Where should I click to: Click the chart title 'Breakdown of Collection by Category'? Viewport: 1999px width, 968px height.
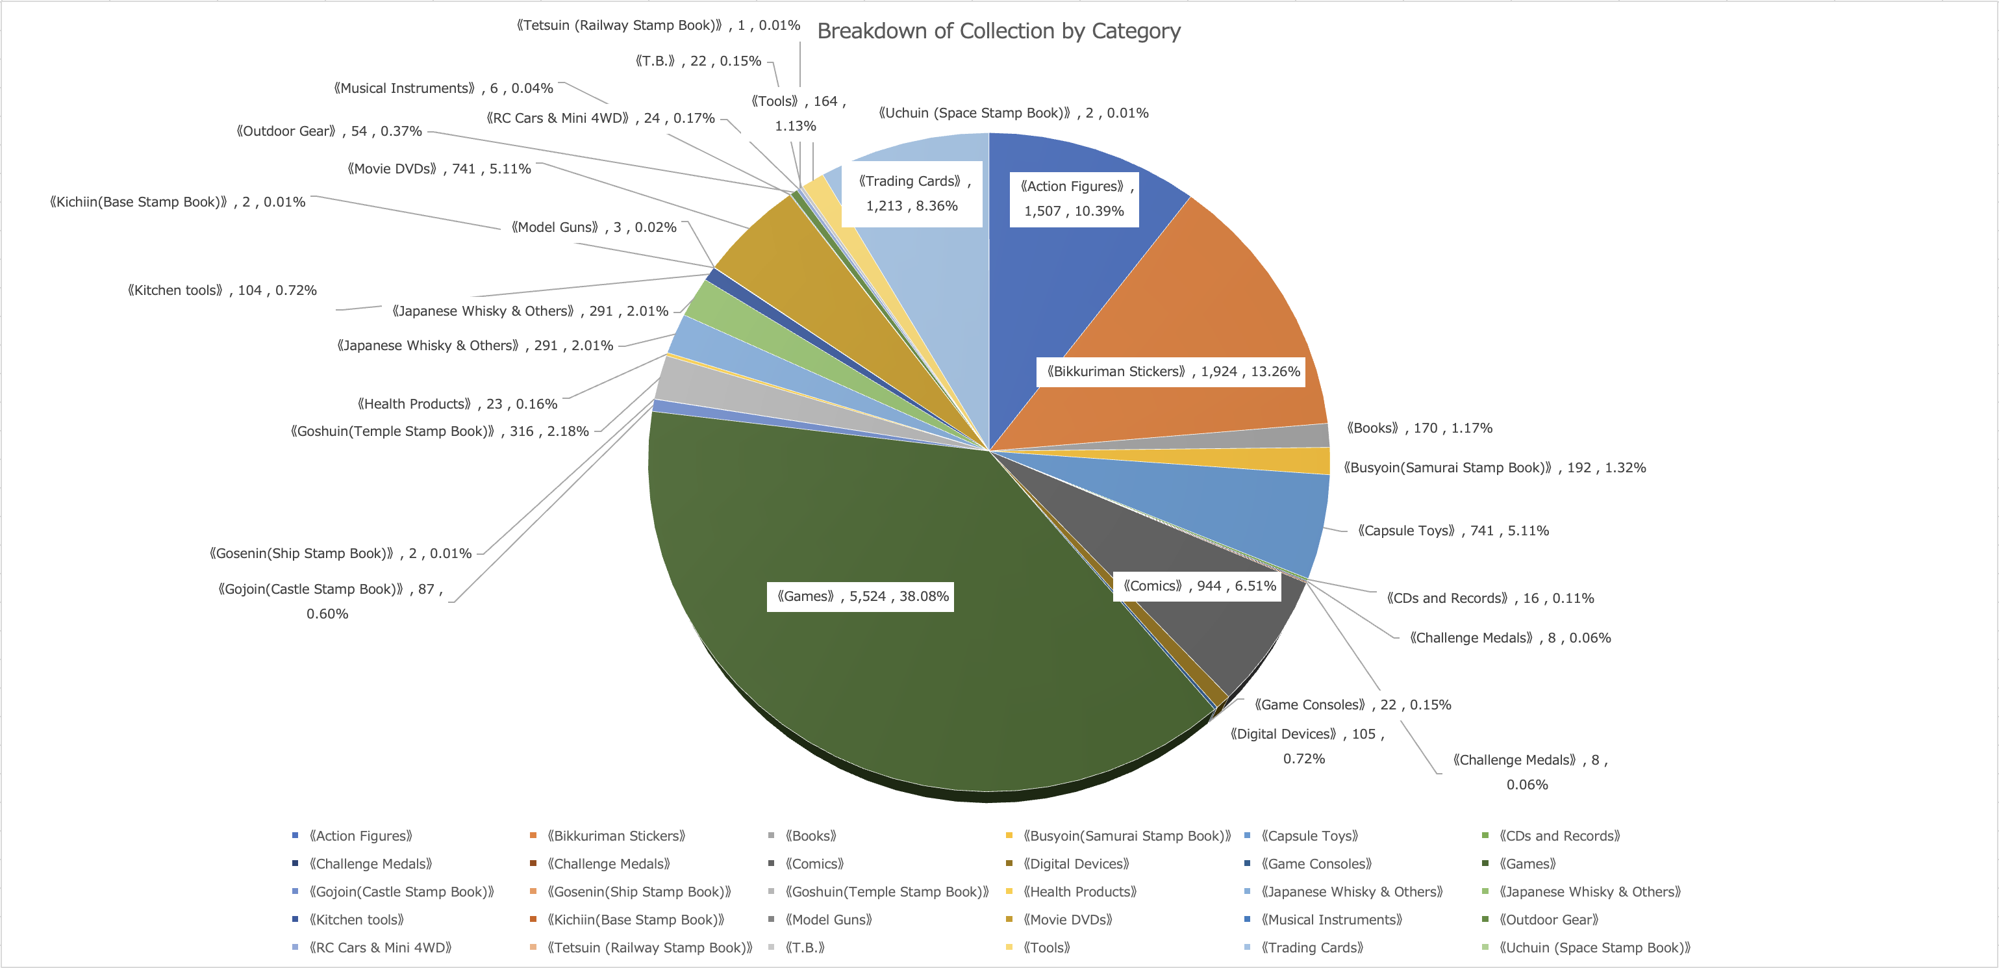point(999,31)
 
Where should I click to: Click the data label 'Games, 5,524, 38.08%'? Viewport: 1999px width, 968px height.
point(861,597)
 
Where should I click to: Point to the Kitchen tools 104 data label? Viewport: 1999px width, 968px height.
point(223,290)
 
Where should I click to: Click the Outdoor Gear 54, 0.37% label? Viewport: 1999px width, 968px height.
point(329,131)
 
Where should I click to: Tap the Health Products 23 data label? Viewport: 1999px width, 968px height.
point(457,403)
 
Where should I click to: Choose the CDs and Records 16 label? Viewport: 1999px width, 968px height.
point(1490,598)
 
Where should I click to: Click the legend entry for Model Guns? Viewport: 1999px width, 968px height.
point(828,920)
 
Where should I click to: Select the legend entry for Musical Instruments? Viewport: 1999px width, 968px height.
point(1331,920)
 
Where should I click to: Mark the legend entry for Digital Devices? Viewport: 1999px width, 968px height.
point(1075,864)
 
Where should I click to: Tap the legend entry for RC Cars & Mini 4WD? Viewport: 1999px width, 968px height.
point(379,948)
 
